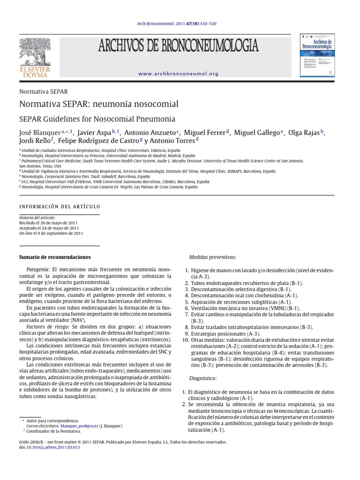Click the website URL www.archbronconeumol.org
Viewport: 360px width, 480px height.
(179, 74)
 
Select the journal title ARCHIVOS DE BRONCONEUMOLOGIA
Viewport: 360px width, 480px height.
(178, 46)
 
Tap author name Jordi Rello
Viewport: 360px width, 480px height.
(35, 141)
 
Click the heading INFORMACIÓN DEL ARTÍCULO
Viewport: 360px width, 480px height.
(59, 206)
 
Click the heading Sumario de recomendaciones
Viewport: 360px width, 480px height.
(54, 257)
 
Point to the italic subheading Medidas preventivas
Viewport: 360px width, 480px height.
(212, 257)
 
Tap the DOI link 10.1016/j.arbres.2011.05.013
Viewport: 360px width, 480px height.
(53, 448)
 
